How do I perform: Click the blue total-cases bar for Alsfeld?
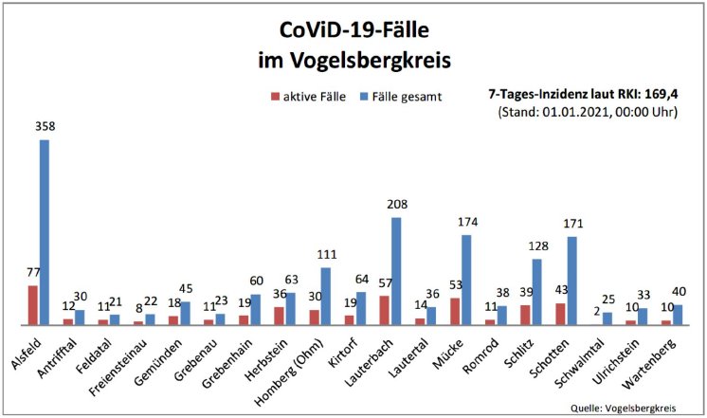click(44, 232)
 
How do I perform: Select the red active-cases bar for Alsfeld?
click(32, 305)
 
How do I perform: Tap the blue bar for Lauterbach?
click(396, 271)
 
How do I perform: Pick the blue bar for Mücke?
click(466, 280)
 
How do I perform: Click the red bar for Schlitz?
click(525, 315)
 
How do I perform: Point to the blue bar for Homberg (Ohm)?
click(325, 296)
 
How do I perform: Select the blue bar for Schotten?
click(572, 281)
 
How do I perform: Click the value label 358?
click(44, 126)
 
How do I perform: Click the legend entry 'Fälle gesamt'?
click(404, 96)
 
